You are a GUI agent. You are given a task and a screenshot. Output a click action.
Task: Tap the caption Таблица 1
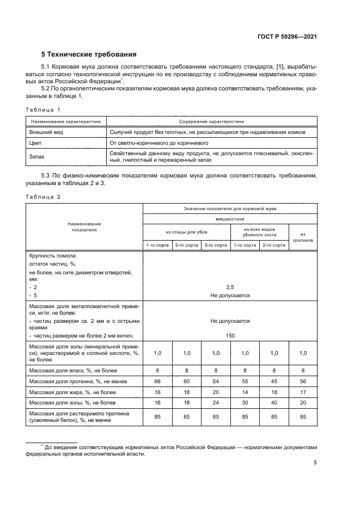(44, 109)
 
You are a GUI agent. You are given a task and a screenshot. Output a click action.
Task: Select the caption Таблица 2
(44, 196)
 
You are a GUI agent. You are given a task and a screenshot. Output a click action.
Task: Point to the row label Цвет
(36, 143)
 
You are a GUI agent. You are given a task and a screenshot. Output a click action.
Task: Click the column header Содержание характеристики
(211, 122)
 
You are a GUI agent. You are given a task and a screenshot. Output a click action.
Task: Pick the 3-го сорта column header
(216, 245)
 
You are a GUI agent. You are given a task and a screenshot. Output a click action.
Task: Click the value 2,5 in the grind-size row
(230, 286)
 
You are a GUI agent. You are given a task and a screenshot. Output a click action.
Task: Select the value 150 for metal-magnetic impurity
(230, 335)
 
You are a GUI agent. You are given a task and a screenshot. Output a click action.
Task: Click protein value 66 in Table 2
(157, 380)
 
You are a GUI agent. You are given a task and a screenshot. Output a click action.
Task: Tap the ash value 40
(273, 403)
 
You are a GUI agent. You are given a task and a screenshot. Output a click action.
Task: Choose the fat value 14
(245, 391)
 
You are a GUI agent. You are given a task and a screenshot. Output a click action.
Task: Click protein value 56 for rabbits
(302, 380)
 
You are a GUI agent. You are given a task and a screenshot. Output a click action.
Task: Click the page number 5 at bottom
(315, 463)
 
